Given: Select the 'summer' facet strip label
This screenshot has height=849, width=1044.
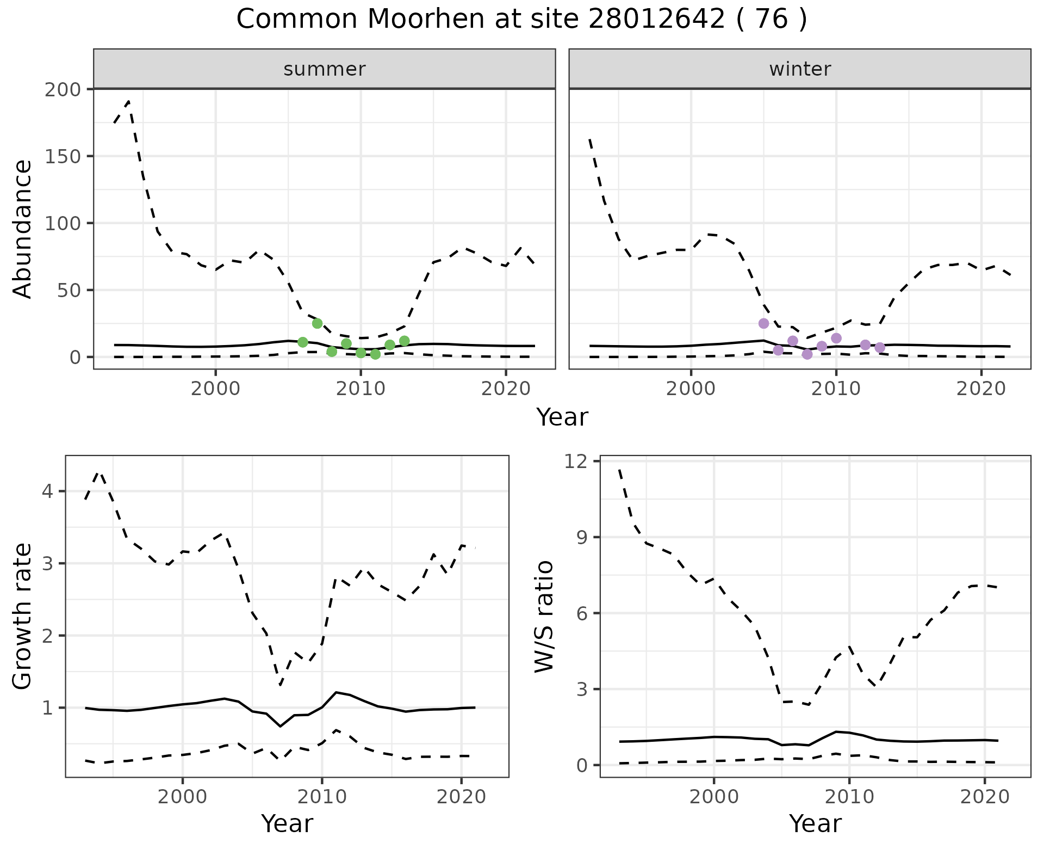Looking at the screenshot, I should tap(325, 69).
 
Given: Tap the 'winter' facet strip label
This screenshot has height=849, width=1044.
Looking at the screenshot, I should tap(800, 69).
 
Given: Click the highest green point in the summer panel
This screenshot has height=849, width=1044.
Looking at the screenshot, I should tap(318, 323).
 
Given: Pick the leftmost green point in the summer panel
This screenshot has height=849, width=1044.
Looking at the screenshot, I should tap(303, 342).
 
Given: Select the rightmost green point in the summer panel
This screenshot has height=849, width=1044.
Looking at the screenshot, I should tap(404, 341).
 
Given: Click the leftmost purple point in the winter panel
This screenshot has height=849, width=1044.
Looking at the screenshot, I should tap(763, 323).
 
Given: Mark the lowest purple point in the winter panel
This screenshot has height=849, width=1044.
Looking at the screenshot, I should tap(807, 354).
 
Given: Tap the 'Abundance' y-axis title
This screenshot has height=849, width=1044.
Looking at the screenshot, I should tap(22, 229).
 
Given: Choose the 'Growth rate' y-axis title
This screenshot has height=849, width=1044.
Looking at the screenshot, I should tap(22, 617).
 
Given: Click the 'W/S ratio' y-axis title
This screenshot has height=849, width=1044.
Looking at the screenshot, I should tap(544, 617).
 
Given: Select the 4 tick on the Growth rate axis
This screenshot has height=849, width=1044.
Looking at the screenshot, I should tap(48, 491).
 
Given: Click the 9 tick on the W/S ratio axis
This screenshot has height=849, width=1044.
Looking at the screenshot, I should tap(582, 537).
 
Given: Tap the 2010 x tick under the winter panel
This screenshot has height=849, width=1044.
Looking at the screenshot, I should tap(836, 389).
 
